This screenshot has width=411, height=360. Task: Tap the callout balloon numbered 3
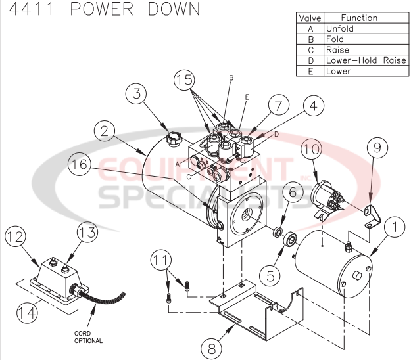(136, 93)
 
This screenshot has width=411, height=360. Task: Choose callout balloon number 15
(186, 81)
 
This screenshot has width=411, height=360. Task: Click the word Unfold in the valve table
(339, 28)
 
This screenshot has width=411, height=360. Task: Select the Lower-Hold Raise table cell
(360, 60)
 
